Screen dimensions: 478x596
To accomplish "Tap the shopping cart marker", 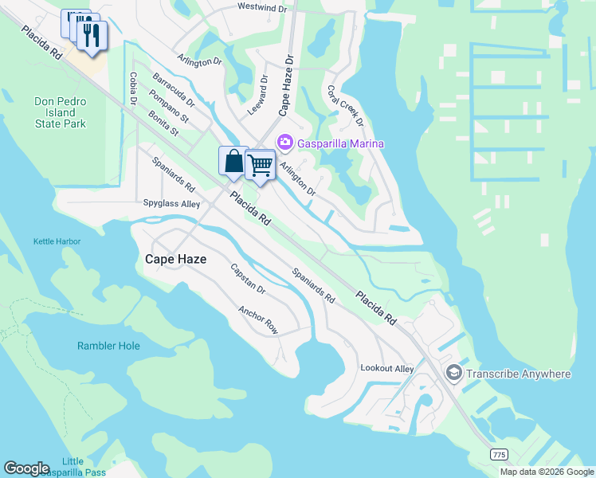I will (261, 165).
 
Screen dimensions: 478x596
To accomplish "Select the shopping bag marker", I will (233, 161).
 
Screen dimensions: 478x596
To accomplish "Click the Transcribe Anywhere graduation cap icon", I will (453, 374).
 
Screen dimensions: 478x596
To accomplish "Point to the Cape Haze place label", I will (175, 259).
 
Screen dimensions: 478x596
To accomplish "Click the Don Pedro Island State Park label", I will (60, 112).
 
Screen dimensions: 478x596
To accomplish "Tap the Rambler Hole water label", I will (108, 346).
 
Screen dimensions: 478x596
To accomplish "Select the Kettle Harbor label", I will (57, 241).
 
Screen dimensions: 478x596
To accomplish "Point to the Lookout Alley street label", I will (387, 368).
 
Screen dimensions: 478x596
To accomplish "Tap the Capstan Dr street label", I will (248, 280).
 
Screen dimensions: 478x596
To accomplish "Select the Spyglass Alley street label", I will (171, 204).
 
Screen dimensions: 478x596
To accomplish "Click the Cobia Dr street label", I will (132, 88).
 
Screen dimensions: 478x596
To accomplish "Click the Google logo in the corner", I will (26, 468).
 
